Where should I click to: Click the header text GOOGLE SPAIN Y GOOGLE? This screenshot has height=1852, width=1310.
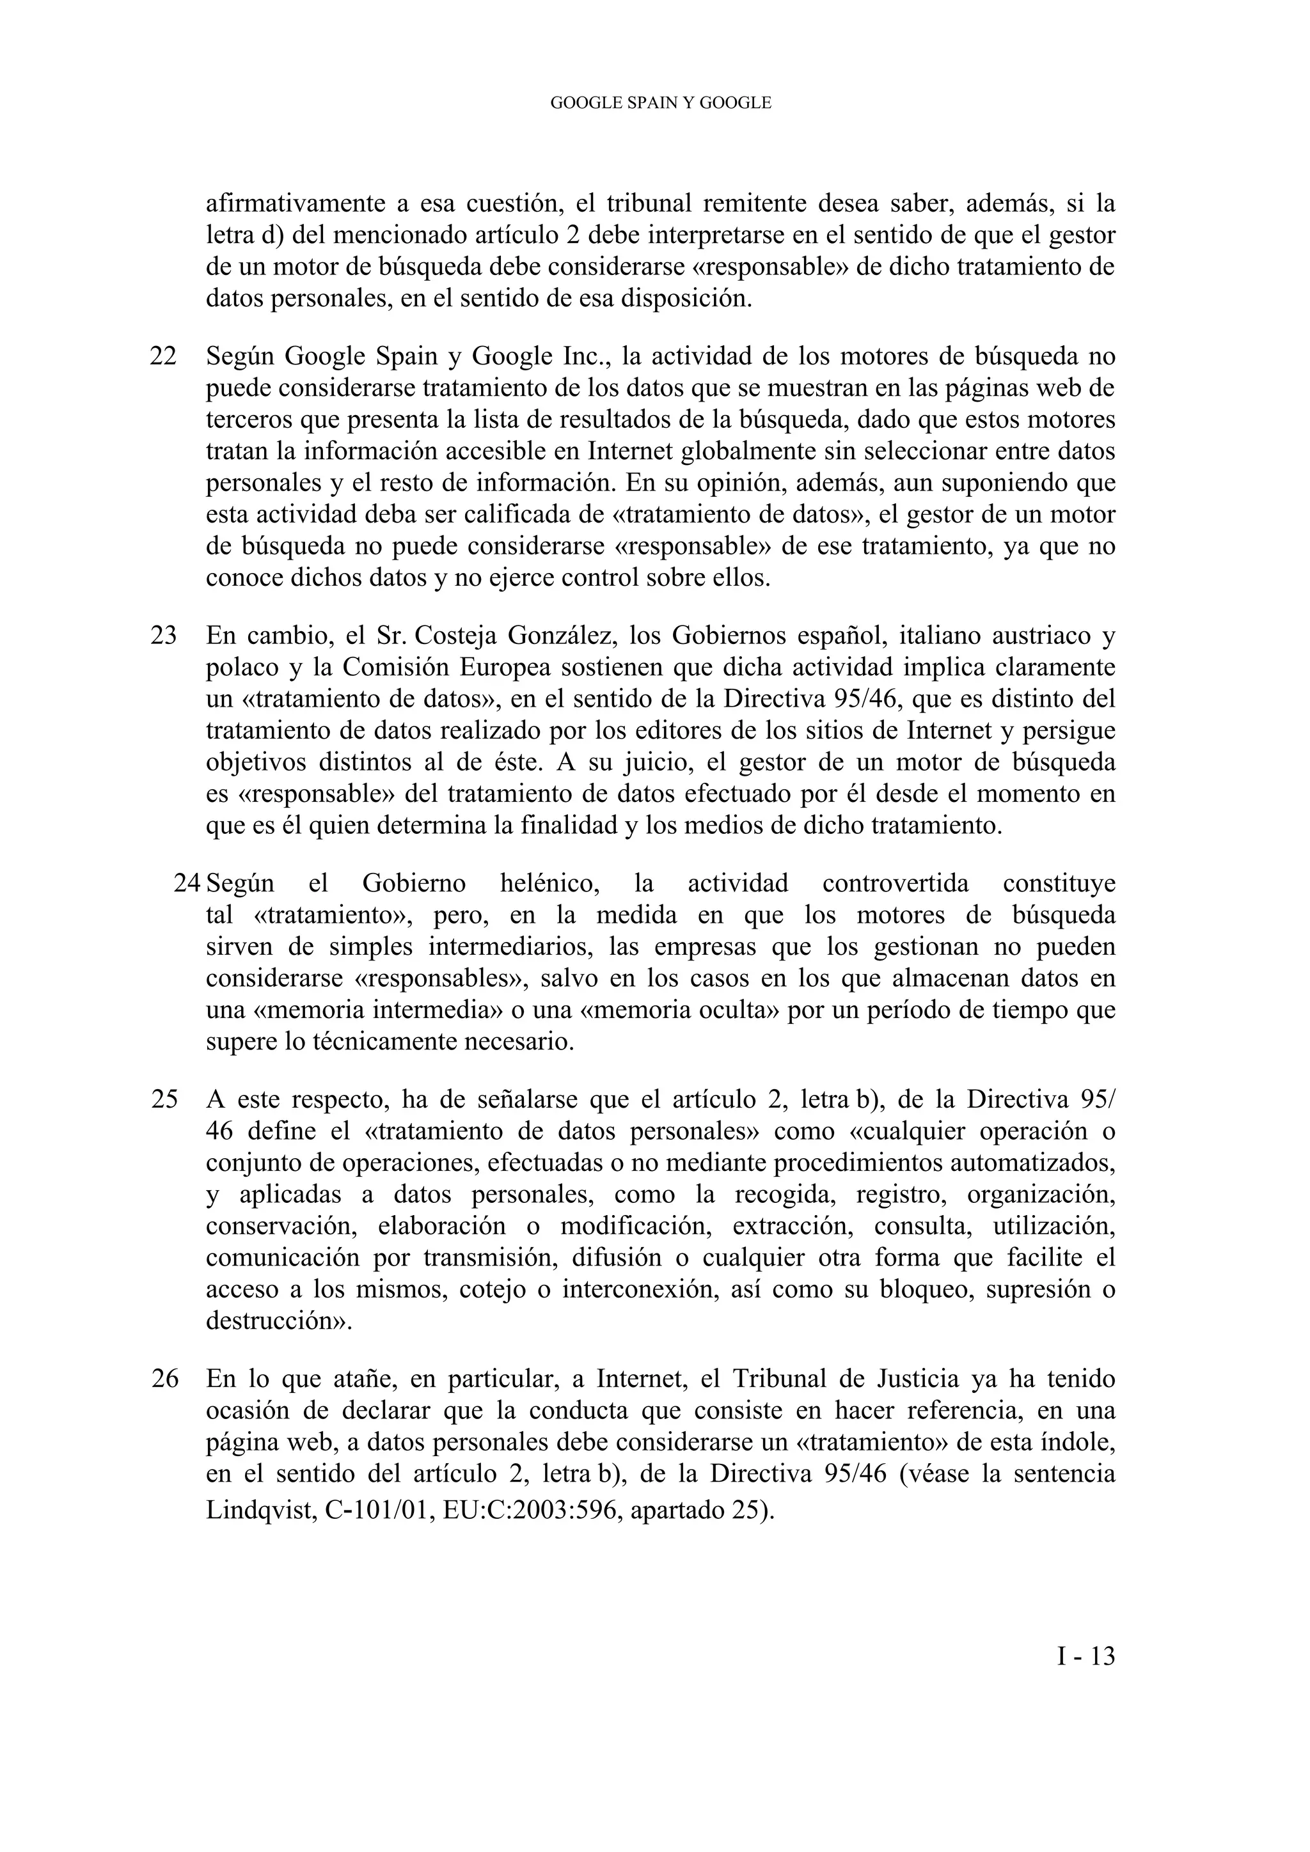click(661, 103)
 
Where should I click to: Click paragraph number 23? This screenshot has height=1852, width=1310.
click(164, 636)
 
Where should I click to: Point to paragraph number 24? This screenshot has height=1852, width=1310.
click(187, 883)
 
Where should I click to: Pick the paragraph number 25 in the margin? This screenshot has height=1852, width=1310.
click(164, 1099)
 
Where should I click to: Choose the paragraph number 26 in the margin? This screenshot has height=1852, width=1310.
click(164, 1379)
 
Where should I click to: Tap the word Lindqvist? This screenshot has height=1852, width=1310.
click(259, 1509)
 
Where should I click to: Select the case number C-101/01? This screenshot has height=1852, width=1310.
click(377, 1509)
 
